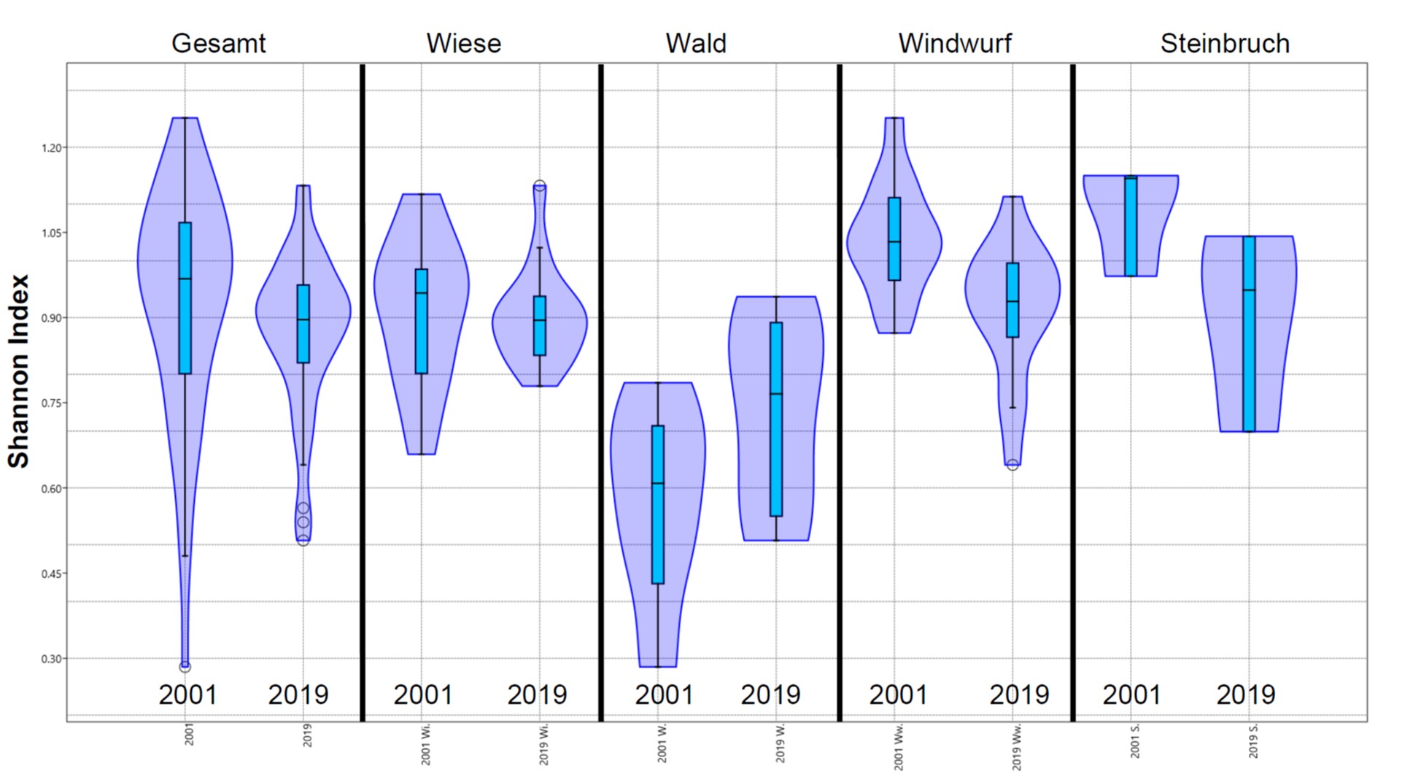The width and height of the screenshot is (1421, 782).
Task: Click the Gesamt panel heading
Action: (x=218, y=44)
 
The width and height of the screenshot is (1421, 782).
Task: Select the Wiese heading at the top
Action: (x=464, y=44)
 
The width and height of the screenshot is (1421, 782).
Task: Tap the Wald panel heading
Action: (x=696, y=44)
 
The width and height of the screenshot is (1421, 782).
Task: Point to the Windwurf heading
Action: (x=955, y=44)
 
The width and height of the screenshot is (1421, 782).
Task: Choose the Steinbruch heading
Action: (x=1225, y=44)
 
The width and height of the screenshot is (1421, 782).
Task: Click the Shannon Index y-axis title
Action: (x=18, y=371)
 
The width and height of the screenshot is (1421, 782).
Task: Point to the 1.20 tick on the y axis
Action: (x=52, y=148)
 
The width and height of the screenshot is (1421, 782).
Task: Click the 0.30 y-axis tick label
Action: (x=52, y=659)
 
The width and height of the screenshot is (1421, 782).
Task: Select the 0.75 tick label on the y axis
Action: (x=52, y=403)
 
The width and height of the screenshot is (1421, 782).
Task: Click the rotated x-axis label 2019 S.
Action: (x=1253, y=741)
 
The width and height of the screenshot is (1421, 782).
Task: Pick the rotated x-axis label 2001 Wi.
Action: (x=426, y=745)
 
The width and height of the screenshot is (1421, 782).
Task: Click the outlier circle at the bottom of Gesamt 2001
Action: (x=185, y=666)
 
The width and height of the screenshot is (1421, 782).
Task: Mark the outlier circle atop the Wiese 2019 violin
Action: (x=540, y=186)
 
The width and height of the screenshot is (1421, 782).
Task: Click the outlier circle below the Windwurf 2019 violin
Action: (x=1012, y=465)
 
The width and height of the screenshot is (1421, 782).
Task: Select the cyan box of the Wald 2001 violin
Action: (x=658, y=504)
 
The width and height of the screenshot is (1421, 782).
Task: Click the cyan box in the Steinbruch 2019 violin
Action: (x=1249, y=333)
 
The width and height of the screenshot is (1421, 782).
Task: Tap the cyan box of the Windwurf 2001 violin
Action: (x=894, y=239)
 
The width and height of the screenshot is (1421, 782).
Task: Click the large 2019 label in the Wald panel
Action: (x=770, y=694)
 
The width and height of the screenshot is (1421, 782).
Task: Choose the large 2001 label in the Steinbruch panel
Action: (x=1131, y=694)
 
